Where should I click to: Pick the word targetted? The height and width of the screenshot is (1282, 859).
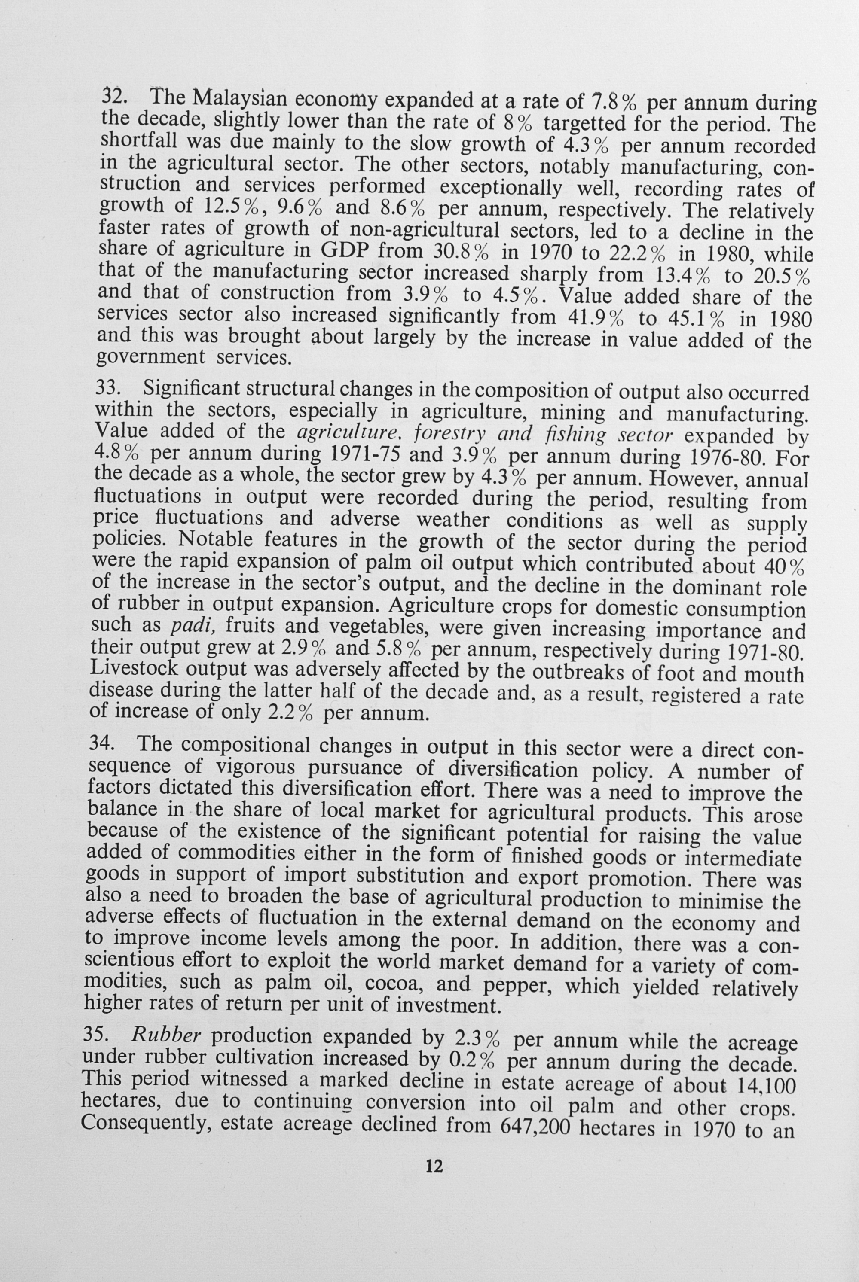[584, 124]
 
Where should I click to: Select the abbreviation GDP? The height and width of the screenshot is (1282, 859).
[343, 251]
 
